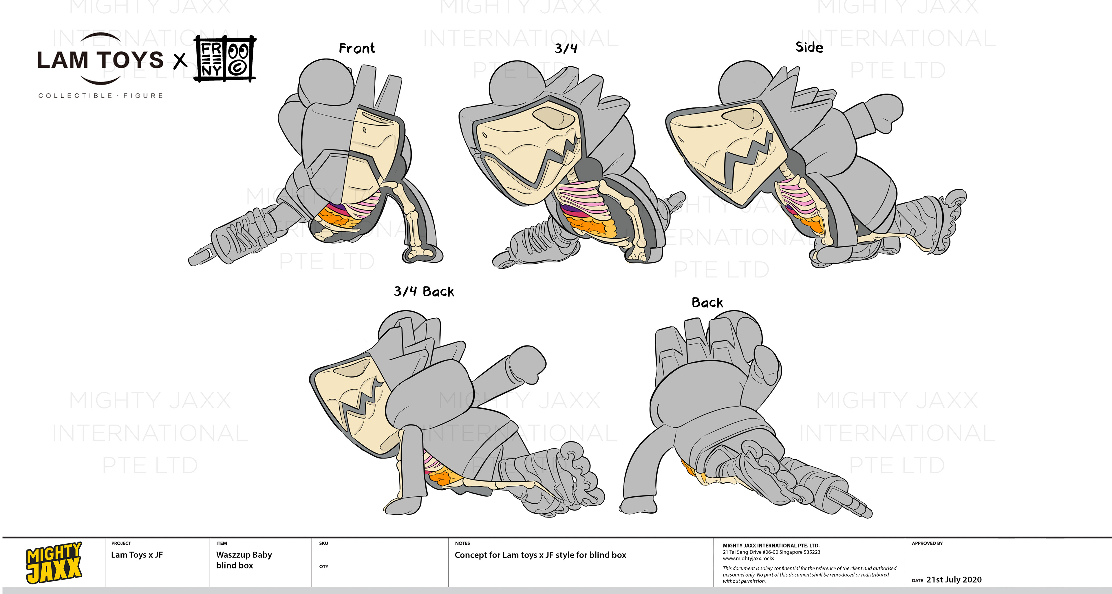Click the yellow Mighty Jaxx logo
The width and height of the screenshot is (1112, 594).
click(x=54, y=562)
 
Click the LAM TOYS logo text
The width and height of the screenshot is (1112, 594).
click(x=100, y=60)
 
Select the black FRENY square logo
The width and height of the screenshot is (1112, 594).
click(x=224, y=59)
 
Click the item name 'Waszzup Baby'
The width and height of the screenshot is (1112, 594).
click(x=244, y=554)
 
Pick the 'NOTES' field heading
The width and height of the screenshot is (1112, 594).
click(x=462, y=543)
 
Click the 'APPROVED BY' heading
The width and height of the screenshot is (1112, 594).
click(x=927, y=543)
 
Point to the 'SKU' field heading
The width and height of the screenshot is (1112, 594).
click(x=323, y=543)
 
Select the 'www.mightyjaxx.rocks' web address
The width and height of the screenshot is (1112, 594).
click(x=748, y=558)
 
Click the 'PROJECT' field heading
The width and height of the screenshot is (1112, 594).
click(x=121, y=543)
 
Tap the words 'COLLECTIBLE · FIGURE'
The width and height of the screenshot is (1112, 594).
click(x=100, y=95)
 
